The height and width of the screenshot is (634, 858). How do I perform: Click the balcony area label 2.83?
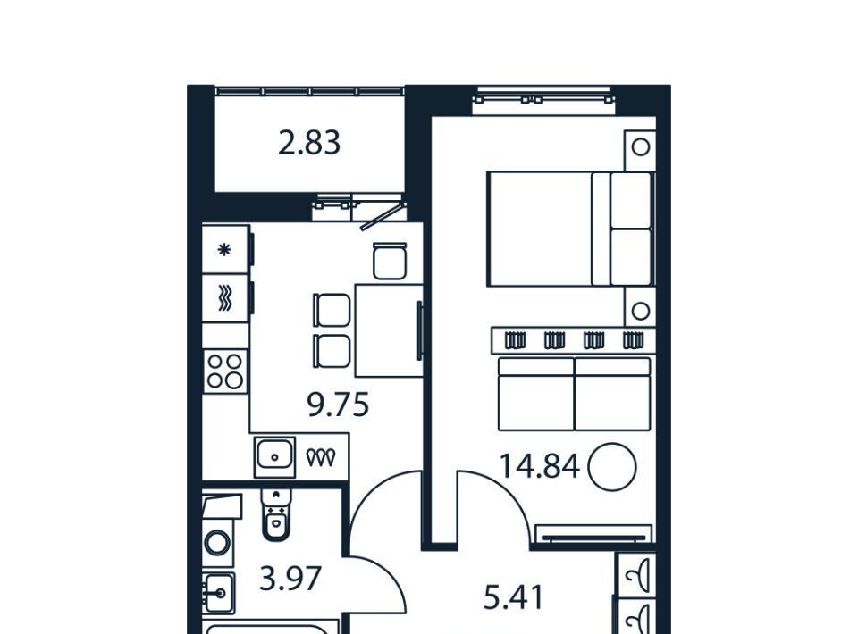[x=309, y=143]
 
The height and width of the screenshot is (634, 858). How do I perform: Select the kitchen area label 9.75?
[x=338, y=405]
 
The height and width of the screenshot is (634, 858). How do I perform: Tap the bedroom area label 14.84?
[x=540, y=467]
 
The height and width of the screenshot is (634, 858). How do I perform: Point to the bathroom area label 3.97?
[x=290, y=579]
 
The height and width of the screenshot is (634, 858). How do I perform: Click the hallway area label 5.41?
[x=514, y=597]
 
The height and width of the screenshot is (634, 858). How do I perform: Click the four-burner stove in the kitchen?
[x=225, y=371]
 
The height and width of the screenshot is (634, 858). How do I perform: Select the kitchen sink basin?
[x=274, y=456]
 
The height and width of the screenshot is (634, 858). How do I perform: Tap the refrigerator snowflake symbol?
[x=224, y=250]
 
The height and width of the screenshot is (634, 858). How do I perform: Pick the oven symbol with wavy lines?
[x=225, y=298]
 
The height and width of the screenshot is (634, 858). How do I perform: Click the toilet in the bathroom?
[x=276, y=515]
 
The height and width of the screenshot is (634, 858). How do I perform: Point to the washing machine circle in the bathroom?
[x=218, y=543]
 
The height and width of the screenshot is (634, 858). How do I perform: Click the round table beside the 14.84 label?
[x=612, y=467]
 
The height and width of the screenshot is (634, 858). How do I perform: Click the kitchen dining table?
[x=389, y=330]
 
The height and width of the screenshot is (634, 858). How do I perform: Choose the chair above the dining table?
[x=391, y=261]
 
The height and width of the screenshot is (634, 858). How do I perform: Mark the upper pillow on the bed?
[x=630, y=201]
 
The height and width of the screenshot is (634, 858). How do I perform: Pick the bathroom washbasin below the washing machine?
[x=218, y=593]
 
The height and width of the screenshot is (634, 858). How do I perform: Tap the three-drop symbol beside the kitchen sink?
[x=321, y=457]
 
